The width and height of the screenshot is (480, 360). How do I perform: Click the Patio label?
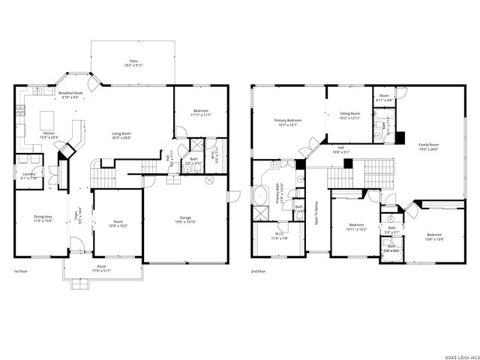point(133,61)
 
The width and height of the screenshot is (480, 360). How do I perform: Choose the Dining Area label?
point(42,217)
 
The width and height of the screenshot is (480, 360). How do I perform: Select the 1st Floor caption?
point(22,271)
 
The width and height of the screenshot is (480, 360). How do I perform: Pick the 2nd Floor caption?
point(258,271)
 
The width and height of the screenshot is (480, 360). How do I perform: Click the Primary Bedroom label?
point(288,120)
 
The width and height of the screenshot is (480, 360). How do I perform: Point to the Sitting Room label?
point(350,114)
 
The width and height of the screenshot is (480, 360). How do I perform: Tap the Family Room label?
point(428,144)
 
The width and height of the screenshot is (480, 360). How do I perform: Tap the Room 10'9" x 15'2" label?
point(118,221)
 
